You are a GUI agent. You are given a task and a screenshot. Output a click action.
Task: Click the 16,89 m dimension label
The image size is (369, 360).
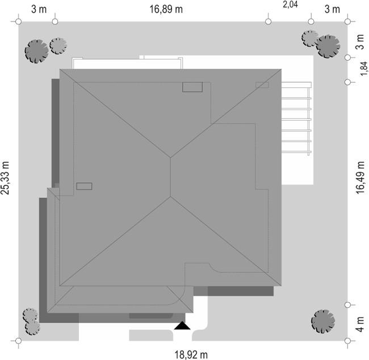click(166, 10)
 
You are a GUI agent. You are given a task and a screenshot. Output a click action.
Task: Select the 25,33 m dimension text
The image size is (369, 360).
click(5, 178)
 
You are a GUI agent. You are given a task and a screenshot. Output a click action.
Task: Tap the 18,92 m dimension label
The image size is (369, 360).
click(191, 354)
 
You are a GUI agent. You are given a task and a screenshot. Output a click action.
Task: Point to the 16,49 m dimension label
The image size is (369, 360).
click(360, 177)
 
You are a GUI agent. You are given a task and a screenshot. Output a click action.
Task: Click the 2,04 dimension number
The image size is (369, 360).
click(290, 5)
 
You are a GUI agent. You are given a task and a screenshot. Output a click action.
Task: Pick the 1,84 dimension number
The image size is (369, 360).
click(364, 69)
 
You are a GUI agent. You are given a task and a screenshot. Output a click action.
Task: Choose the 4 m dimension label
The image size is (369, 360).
click(360, 324)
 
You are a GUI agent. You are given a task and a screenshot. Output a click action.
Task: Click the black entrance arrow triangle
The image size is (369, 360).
click(182, 325)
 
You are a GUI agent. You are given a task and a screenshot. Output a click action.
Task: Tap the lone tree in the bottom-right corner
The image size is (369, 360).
click(323, 321)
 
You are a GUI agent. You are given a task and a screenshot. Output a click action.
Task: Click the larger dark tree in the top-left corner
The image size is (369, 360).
click(37, 51)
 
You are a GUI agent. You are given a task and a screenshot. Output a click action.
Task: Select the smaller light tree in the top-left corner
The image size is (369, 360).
click(58, 46)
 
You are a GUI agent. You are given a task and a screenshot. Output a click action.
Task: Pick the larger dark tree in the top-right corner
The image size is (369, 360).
click(328, 46)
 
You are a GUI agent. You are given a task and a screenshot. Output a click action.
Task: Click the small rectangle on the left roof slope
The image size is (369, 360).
click(84, 186)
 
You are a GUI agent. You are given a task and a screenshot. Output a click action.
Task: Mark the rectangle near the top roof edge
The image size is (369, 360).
click(192, 87)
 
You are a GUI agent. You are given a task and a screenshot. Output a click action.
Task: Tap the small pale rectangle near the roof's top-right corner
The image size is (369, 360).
click(262, 84)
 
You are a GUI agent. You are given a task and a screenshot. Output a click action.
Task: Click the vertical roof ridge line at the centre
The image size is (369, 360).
click(170, 177)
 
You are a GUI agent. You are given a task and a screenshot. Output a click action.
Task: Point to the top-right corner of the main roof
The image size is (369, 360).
click(281, 69)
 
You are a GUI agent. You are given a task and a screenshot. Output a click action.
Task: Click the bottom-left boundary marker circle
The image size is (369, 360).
click(18, 341)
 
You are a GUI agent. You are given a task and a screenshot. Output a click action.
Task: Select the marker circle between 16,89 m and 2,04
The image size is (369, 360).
click(268, 22)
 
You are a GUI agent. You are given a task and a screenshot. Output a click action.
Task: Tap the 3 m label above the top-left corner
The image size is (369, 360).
click(39, 10)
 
